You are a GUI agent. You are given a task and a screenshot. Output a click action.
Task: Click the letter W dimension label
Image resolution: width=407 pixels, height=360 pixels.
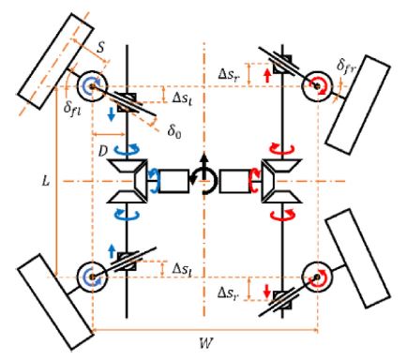point(206,343)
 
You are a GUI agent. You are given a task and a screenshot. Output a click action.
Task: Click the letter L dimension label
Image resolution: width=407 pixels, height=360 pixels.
point(46,181)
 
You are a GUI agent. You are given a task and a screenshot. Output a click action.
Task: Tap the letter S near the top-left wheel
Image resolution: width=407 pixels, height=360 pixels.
point(100,48)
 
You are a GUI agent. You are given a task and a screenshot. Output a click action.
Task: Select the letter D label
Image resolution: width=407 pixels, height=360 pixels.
point(103,151)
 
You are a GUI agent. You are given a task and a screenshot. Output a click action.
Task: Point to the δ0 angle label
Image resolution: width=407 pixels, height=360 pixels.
point(174,131)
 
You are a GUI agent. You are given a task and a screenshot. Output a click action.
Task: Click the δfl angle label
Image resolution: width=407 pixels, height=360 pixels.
point(72,109)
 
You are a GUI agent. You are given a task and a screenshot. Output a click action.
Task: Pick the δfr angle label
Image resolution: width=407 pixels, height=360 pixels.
point(346,66)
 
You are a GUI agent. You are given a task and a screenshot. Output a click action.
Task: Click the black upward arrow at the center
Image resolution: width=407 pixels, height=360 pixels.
point(203,166)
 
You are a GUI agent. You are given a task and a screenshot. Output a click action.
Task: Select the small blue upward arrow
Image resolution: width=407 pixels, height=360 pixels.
point(112,251)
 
